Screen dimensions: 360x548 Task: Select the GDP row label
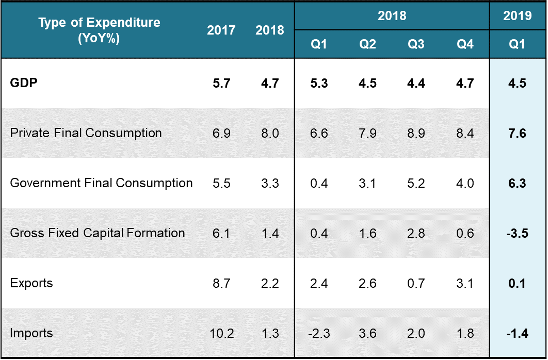[x=24, y=83]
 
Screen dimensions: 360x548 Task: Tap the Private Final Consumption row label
[x=86, y=133]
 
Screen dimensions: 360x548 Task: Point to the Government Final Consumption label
[x=101, y=183]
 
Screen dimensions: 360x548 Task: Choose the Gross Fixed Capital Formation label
[x=98, y=233]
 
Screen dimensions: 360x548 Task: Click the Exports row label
[x=31, y=283]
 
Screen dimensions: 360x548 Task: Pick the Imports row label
[x=31, y=333]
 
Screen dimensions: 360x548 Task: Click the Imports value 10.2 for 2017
[x=221, y=334]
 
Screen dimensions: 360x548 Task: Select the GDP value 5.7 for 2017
[x=221, y=84]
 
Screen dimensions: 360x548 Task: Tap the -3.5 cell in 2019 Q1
[x=517, y=234]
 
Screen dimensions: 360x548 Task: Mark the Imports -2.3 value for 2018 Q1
[x=318, y=334]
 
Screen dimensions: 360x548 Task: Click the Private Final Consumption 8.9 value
[x=416, y=134]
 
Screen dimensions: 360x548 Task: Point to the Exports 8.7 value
[x=221, y=284]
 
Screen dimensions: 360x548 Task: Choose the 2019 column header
[x=517, y=16]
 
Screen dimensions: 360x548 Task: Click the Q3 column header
[x=416, y=44]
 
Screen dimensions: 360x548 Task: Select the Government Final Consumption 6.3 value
[x=517, y=184]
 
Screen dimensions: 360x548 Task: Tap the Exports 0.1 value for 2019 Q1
[x=517, y=284]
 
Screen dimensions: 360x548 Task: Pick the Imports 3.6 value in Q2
[x=367, y=334]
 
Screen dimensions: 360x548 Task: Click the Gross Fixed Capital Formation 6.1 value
[x=221, y=234]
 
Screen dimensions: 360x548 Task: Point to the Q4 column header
[x=465, y=44]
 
